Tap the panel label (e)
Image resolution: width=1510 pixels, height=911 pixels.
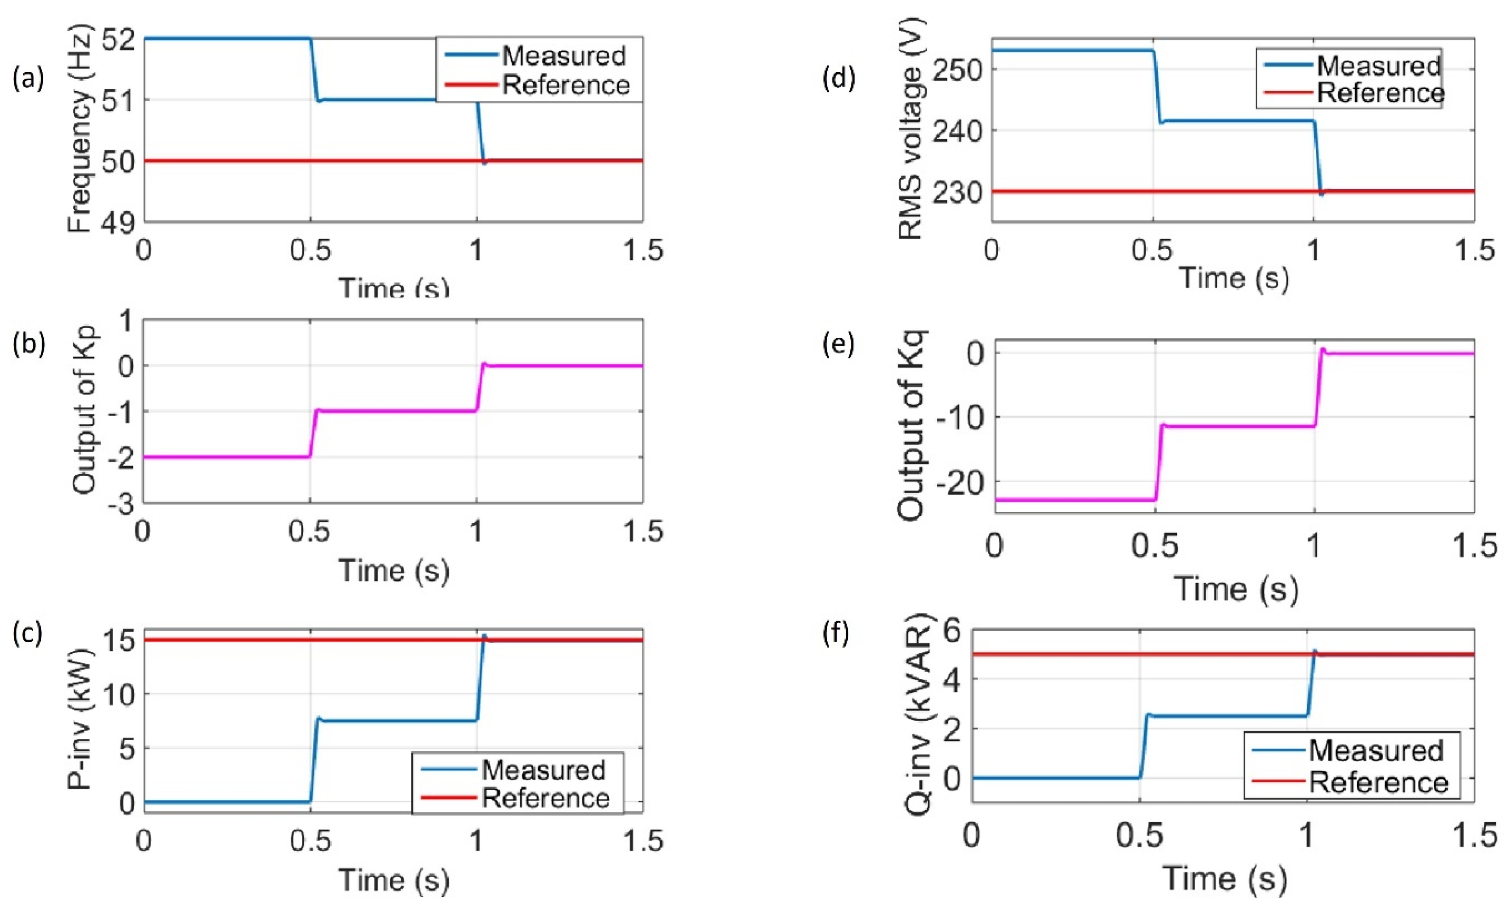pos(838,344)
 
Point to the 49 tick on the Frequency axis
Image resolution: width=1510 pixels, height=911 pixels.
pos(119,223)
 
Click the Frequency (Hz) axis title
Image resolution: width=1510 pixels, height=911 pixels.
pos(80,129)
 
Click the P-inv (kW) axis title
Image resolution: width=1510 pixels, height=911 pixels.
pos(80,719)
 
